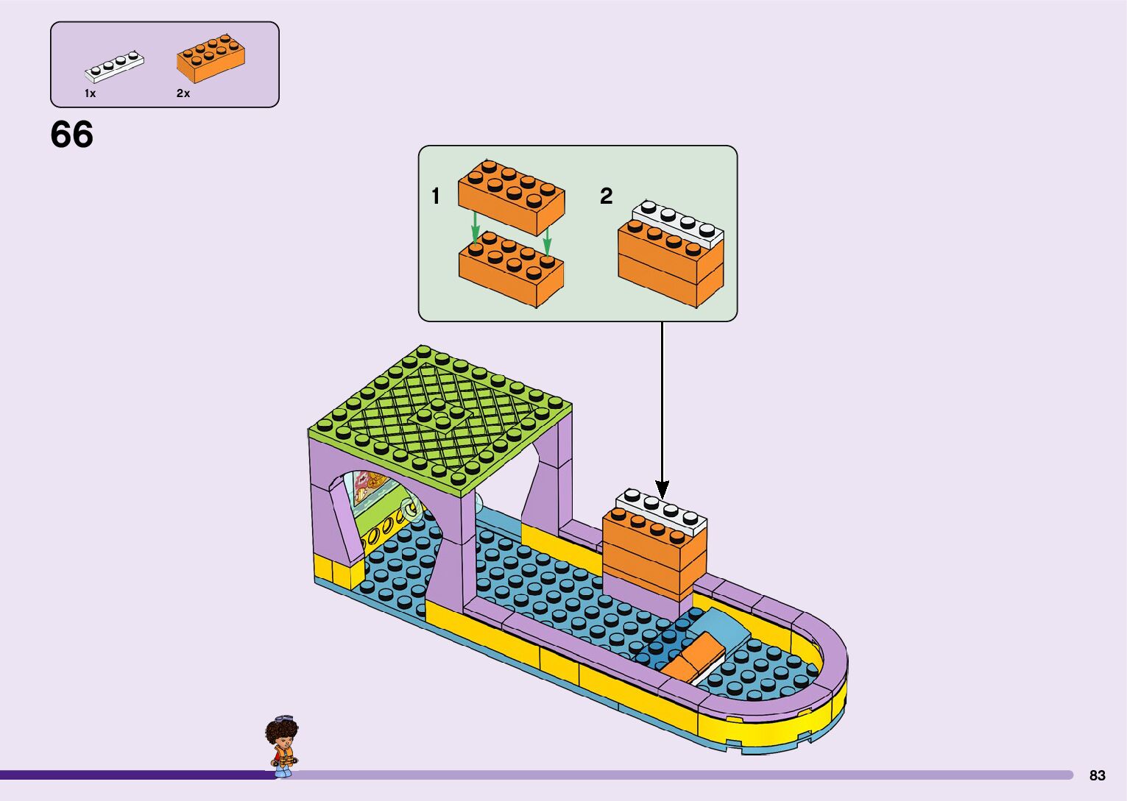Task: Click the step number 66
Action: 71,135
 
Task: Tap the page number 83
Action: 1097,775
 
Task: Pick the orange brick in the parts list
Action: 211,57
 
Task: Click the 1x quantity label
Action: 90,93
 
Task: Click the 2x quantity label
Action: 183,93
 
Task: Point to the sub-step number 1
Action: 436,196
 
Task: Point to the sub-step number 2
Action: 606,196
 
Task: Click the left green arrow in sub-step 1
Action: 476,227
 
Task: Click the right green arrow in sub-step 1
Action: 547,237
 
